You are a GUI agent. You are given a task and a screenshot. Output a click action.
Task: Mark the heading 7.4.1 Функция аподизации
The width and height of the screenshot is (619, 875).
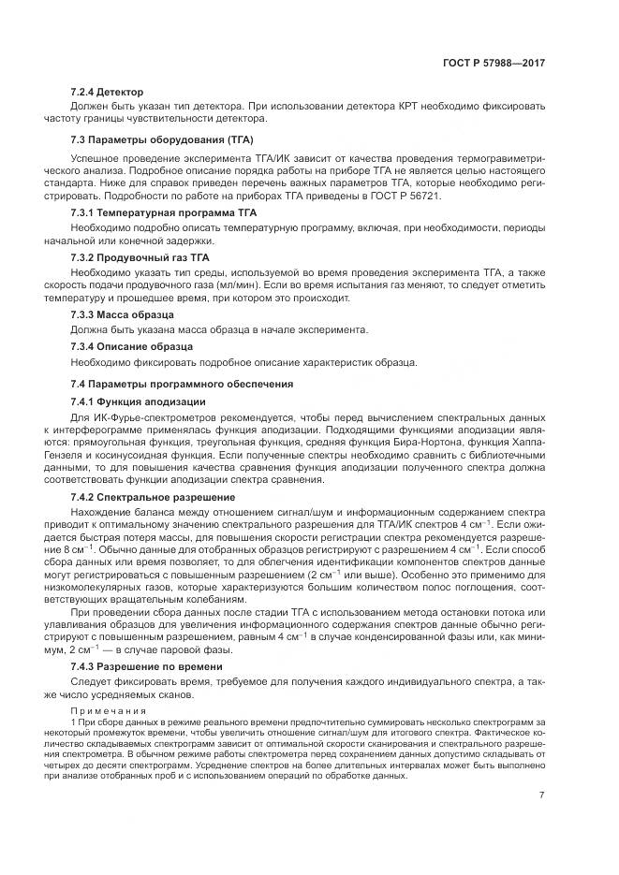pos(132,401)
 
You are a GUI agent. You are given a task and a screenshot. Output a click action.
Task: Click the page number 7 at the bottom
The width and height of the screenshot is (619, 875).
pos(541,795)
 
